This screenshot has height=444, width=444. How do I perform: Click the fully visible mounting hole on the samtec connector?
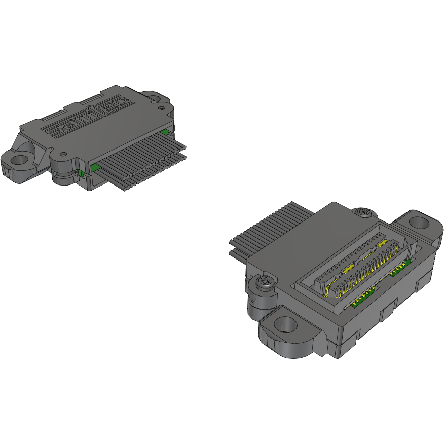click(19, 161)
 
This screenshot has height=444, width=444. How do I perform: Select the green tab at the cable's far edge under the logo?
click(164, 133)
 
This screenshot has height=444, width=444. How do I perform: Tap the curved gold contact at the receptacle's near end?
click(327, 289)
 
